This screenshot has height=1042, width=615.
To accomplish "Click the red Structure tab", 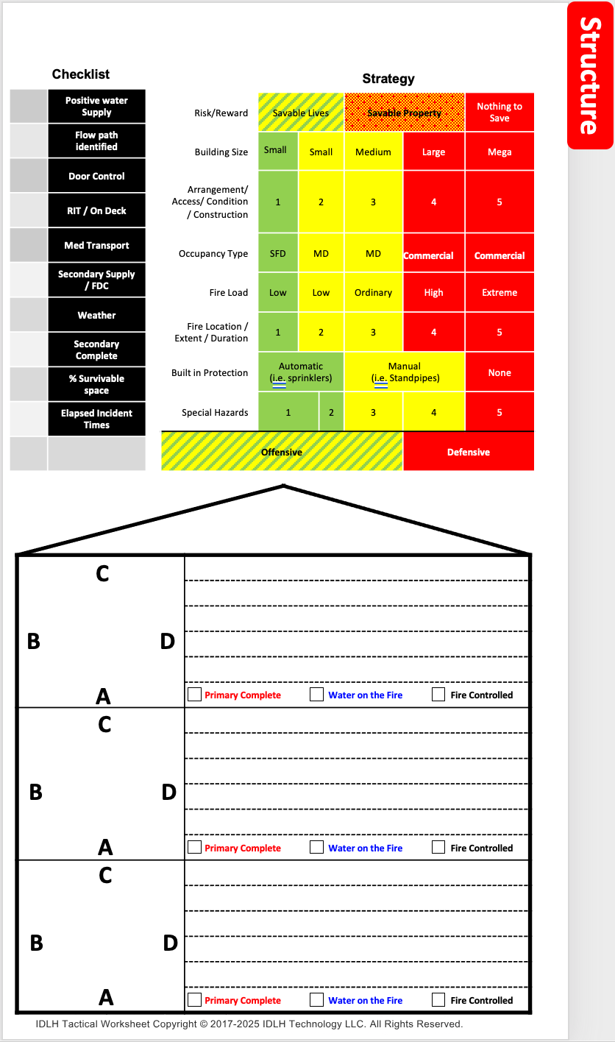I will coord(590,75).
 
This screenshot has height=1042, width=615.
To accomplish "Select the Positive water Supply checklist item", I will coord(96,107).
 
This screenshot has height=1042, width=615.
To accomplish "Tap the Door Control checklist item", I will coord(96,177).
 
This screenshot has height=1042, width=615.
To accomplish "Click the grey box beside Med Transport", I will coord(29,245).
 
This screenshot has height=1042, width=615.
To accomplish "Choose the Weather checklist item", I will coord(96,315).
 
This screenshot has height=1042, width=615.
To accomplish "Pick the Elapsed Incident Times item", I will coord(96,419).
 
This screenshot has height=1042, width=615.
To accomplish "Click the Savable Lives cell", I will coord(301,113).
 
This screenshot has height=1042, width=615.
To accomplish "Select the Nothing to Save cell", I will coord(499,113).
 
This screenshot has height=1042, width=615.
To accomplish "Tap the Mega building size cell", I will coord(499,152).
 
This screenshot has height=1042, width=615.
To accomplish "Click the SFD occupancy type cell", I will coord(278,254).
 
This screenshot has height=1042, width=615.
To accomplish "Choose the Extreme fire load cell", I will coord(499,293).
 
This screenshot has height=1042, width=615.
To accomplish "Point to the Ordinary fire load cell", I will coord(373,293).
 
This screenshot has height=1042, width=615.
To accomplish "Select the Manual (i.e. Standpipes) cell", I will coord(404,372).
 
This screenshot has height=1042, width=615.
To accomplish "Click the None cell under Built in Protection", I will coord(499,373).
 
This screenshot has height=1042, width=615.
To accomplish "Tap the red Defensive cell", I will coord(469,452).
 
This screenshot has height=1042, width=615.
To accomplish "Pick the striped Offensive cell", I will coord(282,452).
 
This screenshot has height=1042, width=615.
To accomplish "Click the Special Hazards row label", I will coord(215,413).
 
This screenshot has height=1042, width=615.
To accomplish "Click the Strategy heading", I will coord(388,79).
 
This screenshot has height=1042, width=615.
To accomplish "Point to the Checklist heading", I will coord(81,74).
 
